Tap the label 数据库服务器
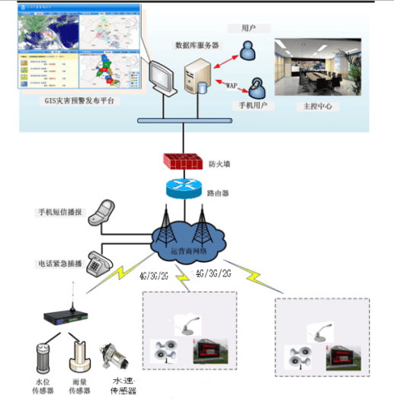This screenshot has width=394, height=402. [x=197, y=45]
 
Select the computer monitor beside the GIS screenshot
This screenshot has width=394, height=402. [x=162, y=75]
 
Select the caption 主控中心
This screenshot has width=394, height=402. [x=316, y=107]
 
